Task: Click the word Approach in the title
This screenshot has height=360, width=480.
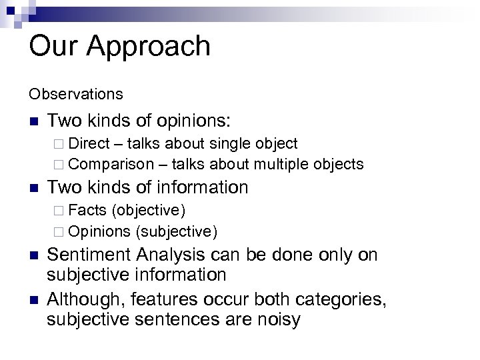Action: click(x=149, y=47)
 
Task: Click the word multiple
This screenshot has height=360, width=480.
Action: click(x=291, y=164)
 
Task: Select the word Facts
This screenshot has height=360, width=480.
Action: click(x=87, y=211)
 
